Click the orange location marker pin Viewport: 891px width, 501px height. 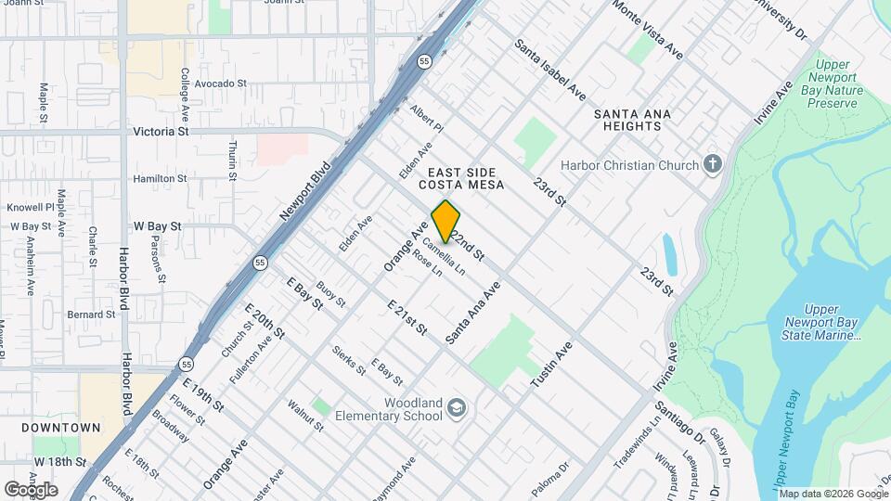tap(446, 221)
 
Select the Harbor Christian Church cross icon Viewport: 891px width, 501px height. tap(713, 165)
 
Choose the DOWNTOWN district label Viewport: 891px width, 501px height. tap(61, 428)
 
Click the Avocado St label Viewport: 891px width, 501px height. tap(220, 83)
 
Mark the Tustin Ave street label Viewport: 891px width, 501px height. tap(550, 365)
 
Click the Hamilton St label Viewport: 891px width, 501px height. tap(160, 178)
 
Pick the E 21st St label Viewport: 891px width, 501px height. tap(407, 317)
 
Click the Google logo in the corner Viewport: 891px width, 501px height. tap(31, 489)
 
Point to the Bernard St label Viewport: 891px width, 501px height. tap(90, 315)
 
